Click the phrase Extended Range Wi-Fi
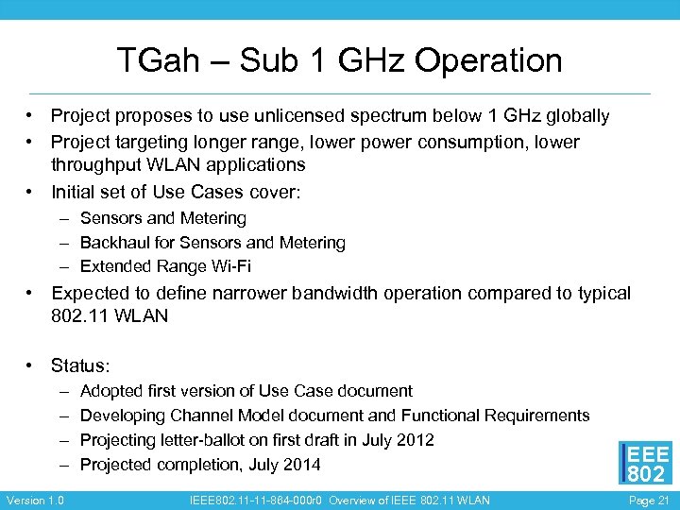click(x=165, y=266)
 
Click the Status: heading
click(x=81, y=365)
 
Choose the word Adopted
click(x=112, y=391)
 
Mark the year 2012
click(x=416, y=440)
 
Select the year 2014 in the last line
click(x=301, y=465)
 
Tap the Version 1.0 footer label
click(x=35, y=500)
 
